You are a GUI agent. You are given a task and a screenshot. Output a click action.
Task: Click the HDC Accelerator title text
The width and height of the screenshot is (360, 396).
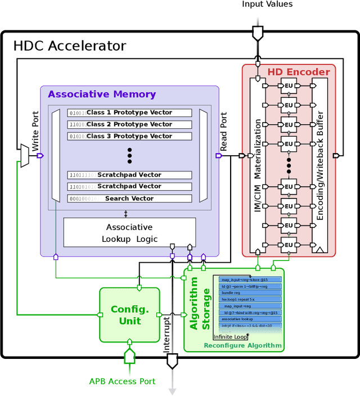[x=69, y=46]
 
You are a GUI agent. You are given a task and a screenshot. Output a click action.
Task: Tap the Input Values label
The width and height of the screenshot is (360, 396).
[x=267, y=4]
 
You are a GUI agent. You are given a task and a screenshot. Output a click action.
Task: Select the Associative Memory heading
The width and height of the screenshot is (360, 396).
[x=101, y=94]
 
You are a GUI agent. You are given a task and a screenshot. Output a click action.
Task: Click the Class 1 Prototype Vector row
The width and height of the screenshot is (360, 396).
[x=129, y=112]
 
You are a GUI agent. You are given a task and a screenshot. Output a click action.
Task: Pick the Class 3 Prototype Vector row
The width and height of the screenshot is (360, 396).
[x=129, y=136]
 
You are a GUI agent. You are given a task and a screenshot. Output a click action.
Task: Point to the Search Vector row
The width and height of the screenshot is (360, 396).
[x=129, y=199]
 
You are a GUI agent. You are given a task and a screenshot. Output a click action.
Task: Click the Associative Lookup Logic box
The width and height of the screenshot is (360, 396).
[x=129, y=233]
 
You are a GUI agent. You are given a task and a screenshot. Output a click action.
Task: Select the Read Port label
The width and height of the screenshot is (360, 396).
[x=223, y=133]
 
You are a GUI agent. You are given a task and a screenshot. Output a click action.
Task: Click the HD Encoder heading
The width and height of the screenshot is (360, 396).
[x=298, y=72]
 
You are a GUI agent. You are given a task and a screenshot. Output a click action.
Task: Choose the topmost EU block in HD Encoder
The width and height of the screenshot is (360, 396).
[x=289, y=86]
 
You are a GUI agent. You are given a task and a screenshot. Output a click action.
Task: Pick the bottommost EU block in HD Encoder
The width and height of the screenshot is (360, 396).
[x=289, y=245]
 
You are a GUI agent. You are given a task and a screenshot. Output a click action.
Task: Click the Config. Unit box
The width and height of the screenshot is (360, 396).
[x=129, y=315]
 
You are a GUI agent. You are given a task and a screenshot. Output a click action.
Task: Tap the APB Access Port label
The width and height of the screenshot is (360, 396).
[x=122, y=381]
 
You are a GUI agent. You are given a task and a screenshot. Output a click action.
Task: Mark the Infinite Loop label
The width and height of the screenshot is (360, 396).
[x=230, y=337]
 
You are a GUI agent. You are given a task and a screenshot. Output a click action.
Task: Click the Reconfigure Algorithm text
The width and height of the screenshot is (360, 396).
[x=242, y=345]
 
